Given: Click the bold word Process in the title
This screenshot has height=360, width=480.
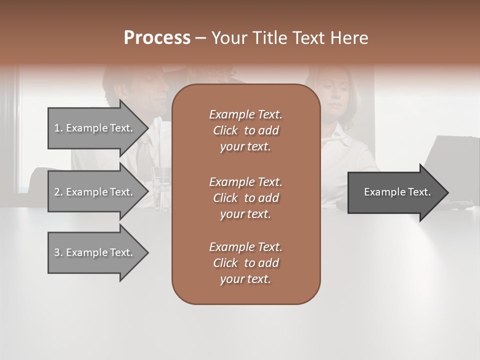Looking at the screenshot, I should (157, 38).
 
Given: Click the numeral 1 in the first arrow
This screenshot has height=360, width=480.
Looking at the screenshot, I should (56, 128).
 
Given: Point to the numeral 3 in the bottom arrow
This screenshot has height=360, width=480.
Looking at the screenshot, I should (56, 252).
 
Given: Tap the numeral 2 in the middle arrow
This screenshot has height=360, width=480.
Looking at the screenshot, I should (56, 192).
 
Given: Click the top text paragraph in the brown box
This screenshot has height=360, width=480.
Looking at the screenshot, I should (245, 130).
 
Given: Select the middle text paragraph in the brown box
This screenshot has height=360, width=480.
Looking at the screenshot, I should (245, 197).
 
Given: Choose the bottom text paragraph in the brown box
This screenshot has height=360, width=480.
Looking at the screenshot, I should (245, 263).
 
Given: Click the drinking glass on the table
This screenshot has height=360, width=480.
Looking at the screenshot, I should (161, 189).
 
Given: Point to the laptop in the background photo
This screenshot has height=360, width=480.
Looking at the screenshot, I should (450, 165).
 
